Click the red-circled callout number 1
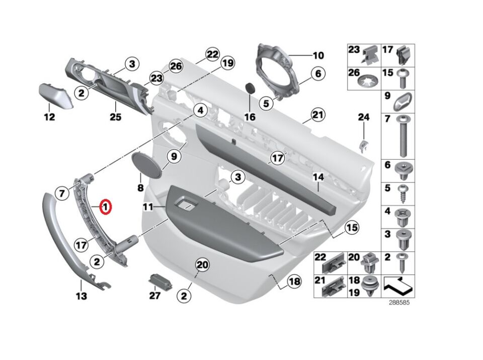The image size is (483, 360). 106,207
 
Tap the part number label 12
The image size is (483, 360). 49,117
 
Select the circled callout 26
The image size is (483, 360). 176,66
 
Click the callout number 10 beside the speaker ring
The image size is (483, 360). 318,55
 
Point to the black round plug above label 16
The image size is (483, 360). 251,88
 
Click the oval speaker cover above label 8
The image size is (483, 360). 146,164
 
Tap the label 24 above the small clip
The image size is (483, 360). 363,117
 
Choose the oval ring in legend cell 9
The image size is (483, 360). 403,101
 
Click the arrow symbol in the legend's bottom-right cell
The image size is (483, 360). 398,286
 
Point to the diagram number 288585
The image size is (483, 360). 399,303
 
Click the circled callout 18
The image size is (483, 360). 294,281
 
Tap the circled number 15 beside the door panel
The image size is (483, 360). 352,228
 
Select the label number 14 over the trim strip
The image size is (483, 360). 318,177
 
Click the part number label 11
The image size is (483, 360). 148,206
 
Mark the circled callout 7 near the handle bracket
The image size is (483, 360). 62,193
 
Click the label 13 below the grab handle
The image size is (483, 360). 82,296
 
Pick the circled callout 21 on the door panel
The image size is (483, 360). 318,115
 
